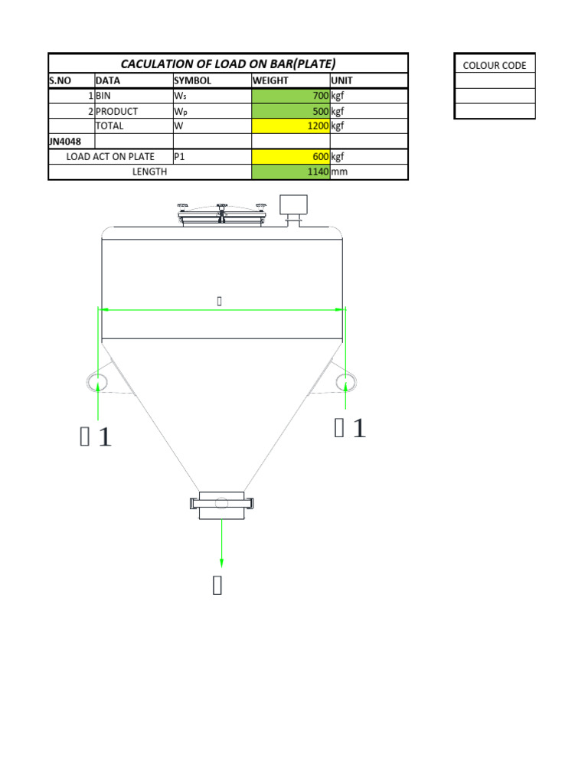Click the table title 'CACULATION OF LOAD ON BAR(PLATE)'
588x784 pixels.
[x=228, y=64]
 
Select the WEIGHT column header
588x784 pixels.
[x=290, y=80]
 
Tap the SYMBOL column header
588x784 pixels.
[x=212, y=80]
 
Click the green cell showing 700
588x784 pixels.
[x=290, y=96]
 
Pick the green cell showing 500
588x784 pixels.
[x=290, y=111]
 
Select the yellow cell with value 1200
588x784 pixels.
[x=290, y=126]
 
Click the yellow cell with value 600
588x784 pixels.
[x=290, y=156]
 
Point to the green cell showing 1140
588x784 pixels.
[x=290, y=171]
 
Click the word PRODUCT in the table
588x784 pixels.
[x=116, y=111]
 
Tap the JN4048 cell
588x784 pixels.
[x=70, y=141]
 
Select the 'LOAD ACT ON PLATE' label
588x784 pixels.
[x=110, y=156]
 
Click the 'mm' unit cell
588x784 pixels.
[x=339, y=171]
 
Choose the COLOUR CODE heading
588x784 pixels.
[x=495, y=65]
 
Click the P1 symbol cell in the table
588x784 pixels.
[x=181, y=156]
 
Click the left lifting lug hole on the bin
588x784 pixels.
[x=99, y=381]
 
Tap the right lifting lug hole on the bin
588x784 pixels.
[x=345, y=381]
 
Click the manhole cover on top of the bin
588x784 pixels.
[x=221, y=215]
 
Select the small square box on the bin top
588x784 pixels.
[x=293, y=204]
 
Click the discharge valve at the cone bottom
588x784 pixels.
[x=221, y=504]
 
